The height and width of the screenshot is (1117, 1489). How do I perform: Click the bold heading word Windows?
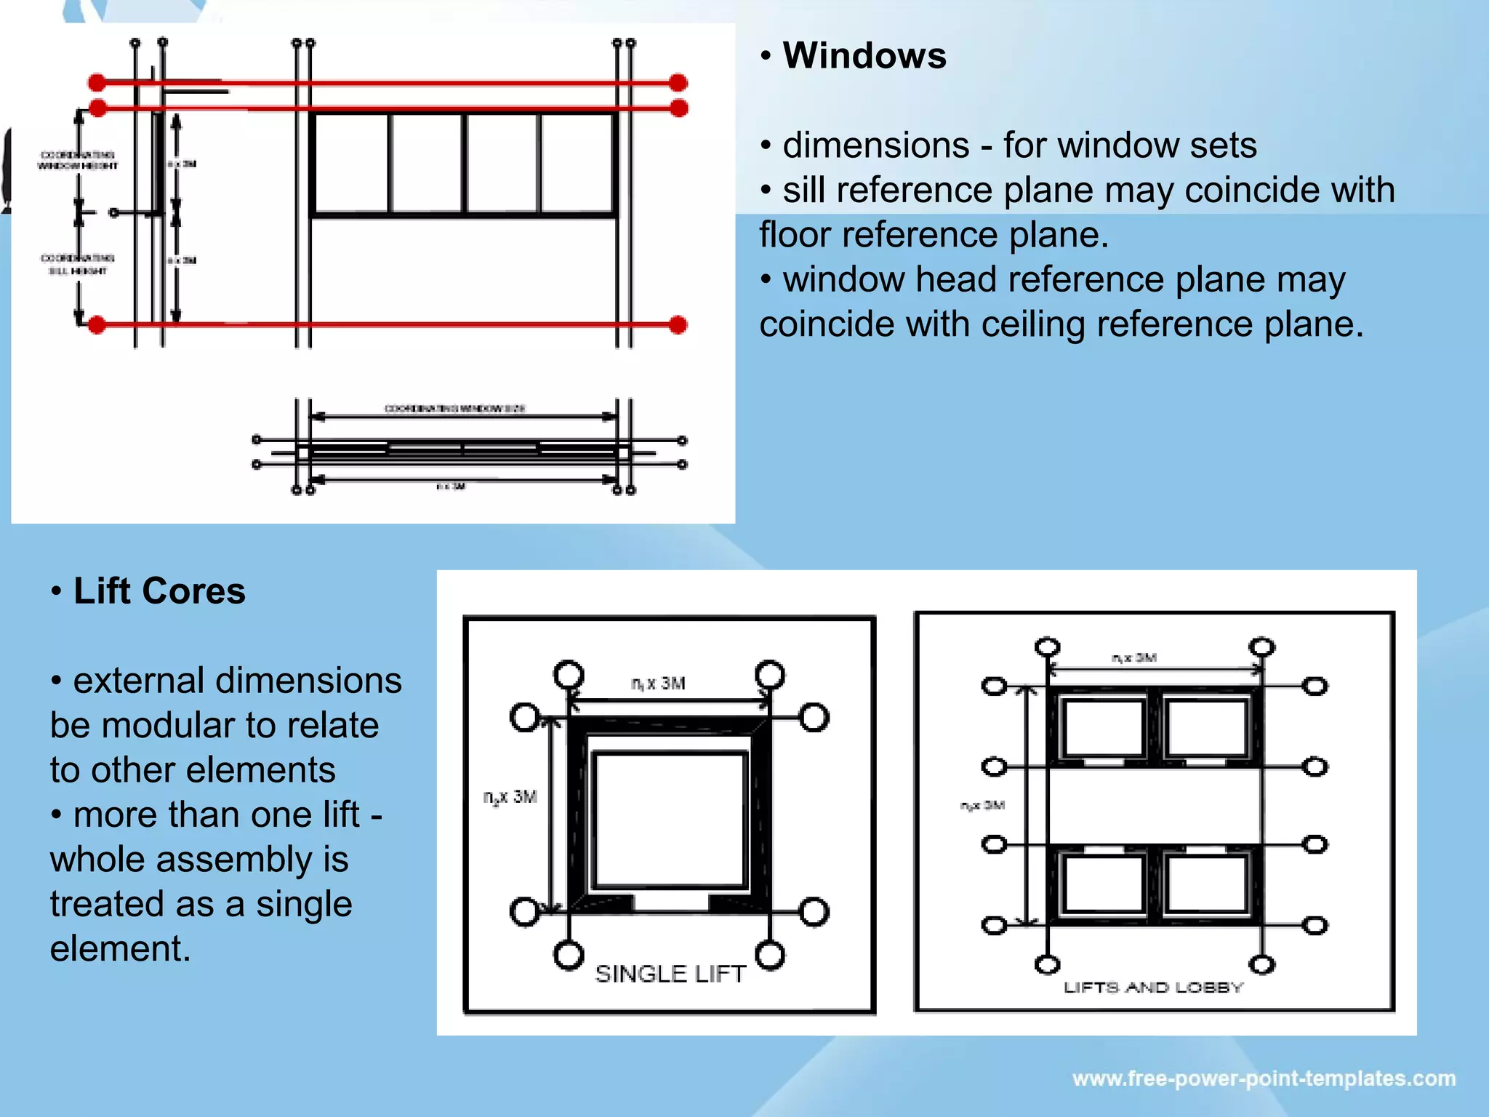[864, 56]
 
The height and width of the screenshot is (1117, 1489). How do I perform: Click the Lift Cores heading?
[159, 591]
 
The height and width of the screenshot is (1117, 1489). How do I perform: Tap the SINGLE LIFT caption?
[670, 974]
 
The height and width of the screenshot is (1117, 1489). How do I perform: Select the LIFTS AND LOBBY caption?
[1153, 988]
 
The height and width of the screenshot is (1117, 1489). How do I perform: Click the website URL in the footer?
[1264, 1078]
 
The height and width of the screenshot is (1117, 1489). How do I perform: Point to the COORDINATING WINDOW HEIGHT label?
[77, 160]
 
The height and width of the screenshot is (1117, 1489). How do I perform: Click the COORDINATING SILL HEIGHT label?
[77, 265]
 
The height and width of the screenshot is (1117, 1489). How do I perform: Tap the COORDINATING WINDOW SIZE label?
[454, 409]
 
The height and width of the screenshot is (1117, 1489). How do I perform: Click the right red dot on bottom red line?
[678, 325]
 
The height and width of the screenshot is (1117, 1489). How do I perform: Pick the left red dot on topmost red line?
[97, 82]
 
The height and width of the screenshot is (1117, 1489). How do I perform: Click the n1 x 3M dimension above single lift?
[658, 684]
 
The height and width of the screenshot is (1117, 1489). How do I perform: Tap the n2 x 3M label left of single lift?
[510, 797]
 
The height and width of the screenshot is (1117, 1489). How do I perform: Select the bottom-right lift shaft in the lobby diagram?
[1207, 884]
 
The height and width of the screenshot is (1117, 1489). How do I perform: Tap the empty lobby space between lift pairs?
[1155, 806]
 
